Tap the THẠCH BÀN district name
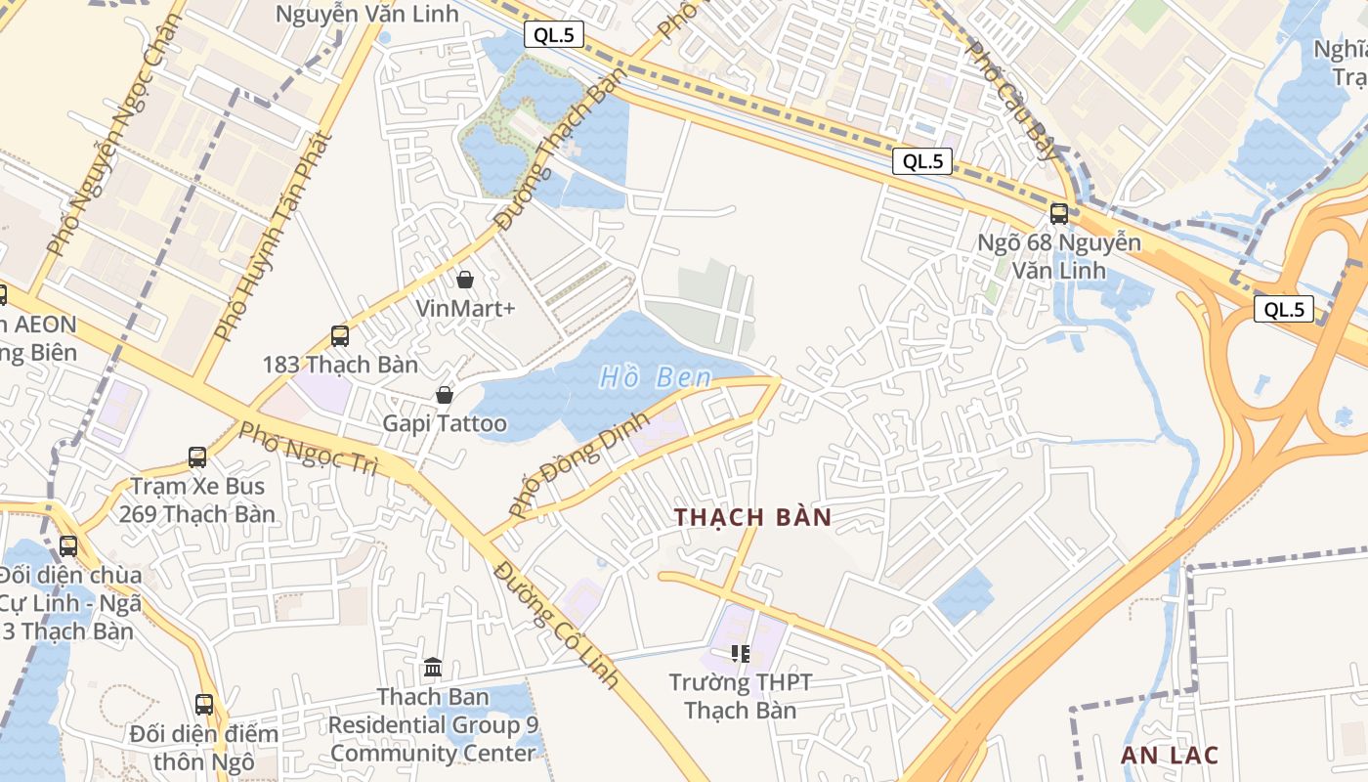coord(752,517)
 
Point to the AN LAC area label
coord(1170,755)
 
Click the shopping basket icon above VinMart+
coord(465,280)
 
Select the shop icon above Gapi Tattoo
coord(445,395)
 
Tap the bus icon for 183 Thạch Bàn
coord(340,335)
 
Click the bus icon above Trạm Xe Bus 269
coord(197,456)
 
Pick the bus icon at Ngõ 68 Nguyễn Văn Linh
coord(1059,213)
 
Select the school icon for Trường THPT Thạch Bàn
coord(741,653)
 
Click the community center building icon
coord(433,668)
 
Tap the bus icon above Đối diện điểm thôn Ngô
coord(204,704)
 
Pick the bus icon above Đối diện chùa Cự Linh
coord(68,546)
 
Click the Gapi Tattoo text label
coord(445,423)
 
